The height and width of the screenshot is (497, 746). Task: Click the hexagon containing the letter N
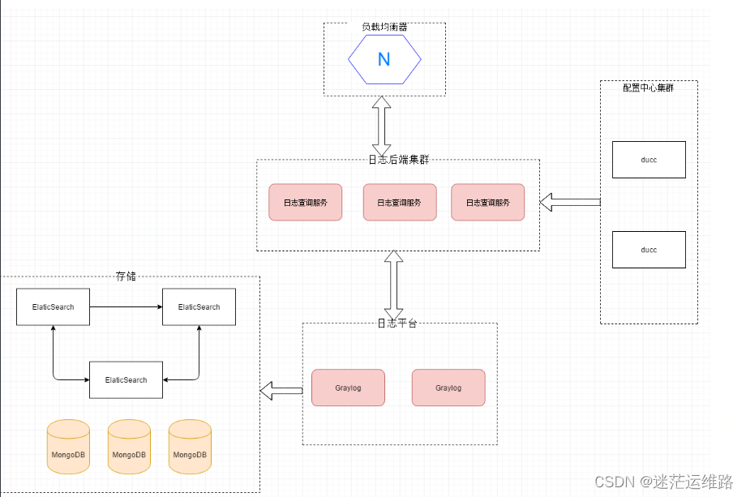[384, 59]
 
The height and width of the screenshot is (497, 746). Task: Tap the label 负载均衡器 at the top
[384, 27]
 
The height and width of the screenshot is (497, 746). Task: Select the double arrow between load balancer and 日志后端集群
[382, 128]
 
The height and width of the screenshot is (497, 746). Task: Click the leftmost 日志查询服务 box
[306, 202]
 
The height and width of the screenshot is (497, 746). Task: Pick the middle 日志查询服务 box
[400, 202]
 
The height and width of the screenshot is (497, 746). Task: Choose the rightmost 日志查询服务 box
[487, 202]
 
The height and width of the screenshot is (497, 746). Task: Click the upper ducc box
[649, 160]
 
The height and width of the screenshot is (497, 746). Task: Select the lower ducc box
[649, 250]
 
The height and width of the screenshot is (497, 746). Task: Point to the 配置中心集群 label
[648, 88]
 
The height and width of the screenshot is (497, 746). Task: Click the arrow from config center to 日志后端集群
[569, 202]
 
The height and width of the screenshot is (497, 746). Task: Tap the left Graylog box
[348, 388]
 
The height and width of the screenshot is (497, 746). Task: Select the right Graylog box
[448, 388]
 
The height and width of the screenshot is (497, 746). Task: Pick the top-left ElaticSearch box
[53, 307]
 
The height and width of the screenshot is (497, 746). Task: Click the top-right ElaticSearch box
[199, 307]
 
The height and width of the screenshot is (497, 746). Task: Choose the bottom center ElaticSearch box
[126, 379]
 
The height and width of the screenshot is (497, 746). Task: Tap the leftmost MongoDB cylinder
[68, 447]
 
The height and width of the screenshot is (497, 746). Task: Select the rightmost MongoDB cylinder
[190, 447]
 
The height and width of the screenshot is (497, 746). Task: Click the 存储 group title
[126, 276]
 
